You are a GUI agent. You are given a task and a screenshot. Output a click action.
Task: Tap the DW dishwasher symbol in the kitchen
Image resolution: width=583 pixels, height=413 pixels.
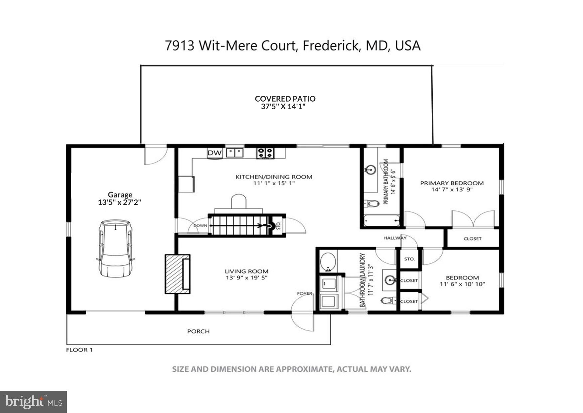pos(215,153)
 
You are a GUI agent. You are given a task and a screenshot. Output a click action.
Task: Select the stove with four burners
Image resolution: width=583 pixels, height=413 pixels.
pos(265,153)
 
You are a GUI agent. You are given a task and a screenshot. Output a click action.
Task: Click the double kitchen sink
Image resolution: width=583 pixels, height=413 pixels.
pos(234,153)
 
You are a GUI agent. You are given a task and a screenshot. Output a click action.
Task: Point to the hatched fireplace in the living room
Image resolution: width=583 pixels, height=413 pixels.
pos(178,274)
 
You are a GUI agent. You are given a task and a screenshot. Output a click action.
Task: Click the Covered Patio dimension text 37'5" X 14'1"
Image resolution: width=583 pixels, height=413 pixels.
pos(283,107)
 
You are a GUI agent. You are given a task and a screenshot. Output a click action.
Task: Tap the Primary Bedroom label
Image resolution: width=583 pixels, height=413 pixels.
pos(452,183)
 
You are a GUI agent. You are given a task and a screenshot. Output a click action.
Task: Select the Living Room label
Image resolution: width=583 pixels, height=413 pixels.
pos(246,271)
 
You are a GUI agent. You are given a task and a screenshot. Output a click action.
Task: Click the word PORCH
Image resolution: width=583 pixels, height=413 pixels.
pos(198,331)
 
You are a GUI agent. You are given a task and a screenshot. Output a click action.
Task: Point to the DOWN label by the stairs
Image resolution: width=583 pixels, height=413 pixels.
pos(200,225)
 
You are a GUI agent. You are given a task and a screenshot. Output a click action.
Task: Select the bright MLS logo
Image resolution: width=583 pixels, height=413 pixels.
pos(33,402)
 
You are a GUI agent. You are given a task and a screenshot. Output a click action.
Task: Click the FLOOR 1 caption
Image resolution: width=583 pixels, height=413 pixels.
pos(79,350)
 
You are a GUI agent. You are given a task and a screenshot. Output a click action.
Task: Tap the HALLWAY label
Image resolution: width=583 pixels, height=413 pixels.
pos(395,238)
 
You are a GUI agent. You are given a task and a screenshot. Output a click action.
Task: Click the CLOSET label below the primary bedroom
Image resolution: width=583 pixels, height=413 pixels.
pos(472,238)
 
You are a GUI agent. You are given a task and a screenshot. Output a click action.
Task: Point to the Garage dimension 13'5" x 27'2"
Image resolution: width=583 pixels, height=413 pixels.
pos(120,202)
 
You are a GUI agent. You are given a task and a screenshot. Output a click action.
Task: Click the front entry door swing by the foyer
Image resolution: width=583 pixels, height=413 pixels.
pos(303,313)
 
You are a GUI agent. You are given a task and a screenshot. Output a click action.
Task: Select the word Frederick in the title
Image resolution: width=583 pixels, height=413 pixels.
pos(331,46)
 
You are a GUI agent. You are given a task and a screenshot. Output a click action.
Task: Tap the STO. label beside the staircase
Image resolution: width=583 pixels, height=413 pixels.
pos(279,226)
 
